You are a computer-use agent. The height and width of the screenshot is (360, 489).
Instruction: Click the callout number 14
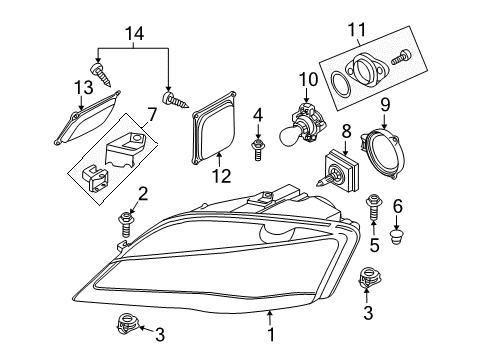[x=135, y=34]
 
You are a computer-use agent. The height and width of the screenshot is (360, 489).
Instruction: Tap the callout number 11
[x=357, y=30]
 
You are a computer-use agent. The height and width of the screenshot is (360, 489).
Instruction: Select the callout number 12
[x=222, y=176]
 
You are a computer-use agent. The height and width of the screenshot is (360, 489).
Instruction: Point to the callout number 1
[x=271, y=334]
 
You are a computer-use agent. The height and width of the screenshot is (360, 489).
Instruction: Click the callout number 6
[x=397, y=206]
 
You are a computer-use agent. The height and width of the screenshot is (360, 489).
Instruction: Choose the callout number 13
[x=83, y=88]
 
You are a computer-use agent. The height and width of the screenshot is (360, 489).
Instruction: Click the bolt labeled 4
[x=257, y=150]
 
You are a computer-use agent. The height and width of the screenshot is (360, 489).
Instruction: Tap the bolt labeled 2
[x=125, y=224]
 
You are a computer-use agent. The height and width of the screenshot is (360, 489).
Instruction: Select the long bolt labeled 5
[x=373, y=208]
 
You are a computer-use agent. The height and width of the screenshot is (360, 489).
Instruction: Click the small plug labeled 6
[x=396, y=236]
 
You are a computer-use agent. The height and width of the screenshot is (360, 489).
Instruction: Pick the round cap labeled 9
[x=383, y=153]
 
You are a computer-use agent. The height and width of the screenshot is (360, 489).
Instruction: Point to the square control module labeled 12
[x=214, y=127]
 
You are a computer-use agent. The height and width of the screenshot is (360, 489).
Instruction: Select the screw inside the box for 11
[x=401, y=57]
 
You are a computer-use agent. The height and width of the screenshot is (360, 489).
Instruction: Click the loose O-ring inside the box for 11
[x=341, y=85]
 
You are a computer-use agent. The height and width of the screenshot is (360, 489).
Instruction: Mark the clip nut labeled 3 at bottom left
[x=128, y=323]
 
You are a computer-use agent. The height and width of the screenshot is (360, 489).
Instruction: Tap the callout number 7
[x=152, y=116]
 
